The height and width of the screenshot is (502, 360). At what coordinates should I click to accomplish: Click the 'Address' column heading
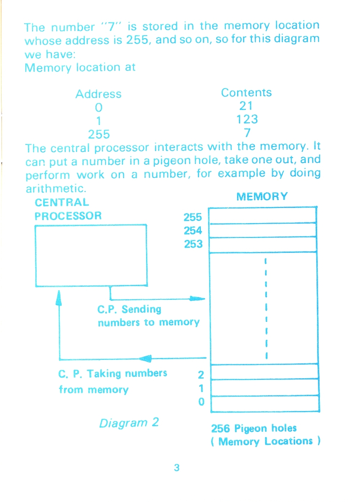point(98,94)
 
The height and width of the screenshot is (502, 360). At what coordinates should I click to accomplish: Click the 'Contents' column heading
point(246,92)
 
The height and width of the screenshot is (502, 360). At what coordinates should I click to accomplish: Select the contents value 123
point(247,119)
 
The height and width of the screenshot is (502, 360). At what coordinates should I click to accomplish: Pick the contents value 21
point(246,106)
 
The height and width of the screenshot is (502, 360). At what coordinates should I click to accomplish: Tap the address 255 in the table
point(99,134)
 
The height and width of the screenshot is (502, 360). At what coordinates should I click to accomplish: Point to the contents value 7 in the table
point(247,133)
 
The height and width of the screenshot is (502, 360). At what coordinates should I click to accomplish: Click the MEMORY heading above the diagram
point(262,196)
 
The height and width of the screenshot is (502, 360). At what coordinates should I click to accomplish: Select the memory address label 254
point(193,231)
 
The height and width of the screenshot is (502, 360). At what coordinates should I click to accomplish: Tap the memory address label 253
point(193,244)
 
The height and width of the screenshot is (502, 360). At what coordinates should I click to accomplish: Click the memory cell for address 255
point(262,216)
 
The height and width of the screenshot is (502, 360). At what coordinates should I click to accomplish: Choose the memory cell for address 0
point(265,404)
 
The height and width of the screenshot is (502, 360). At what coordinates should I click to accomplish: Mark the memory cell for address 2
point(265,372)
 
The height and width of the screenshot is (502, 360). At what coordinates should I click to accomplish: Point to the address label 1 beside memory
point(201,388)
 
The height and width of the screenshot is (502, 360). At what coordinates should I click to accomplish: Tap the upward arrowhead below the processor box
point(59,298)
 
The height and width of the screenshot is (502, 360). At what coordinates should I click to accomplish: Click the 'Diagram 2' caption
point(129,423)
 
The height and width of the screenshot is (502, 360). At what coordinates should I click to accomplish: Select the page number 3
point(177,468)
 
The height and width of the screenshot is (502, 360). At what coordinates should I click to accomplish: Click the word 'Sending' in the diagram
point(141,309)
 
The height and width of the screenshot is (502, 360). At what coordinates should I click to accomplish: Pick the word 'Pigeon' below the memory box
point(251,429)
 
